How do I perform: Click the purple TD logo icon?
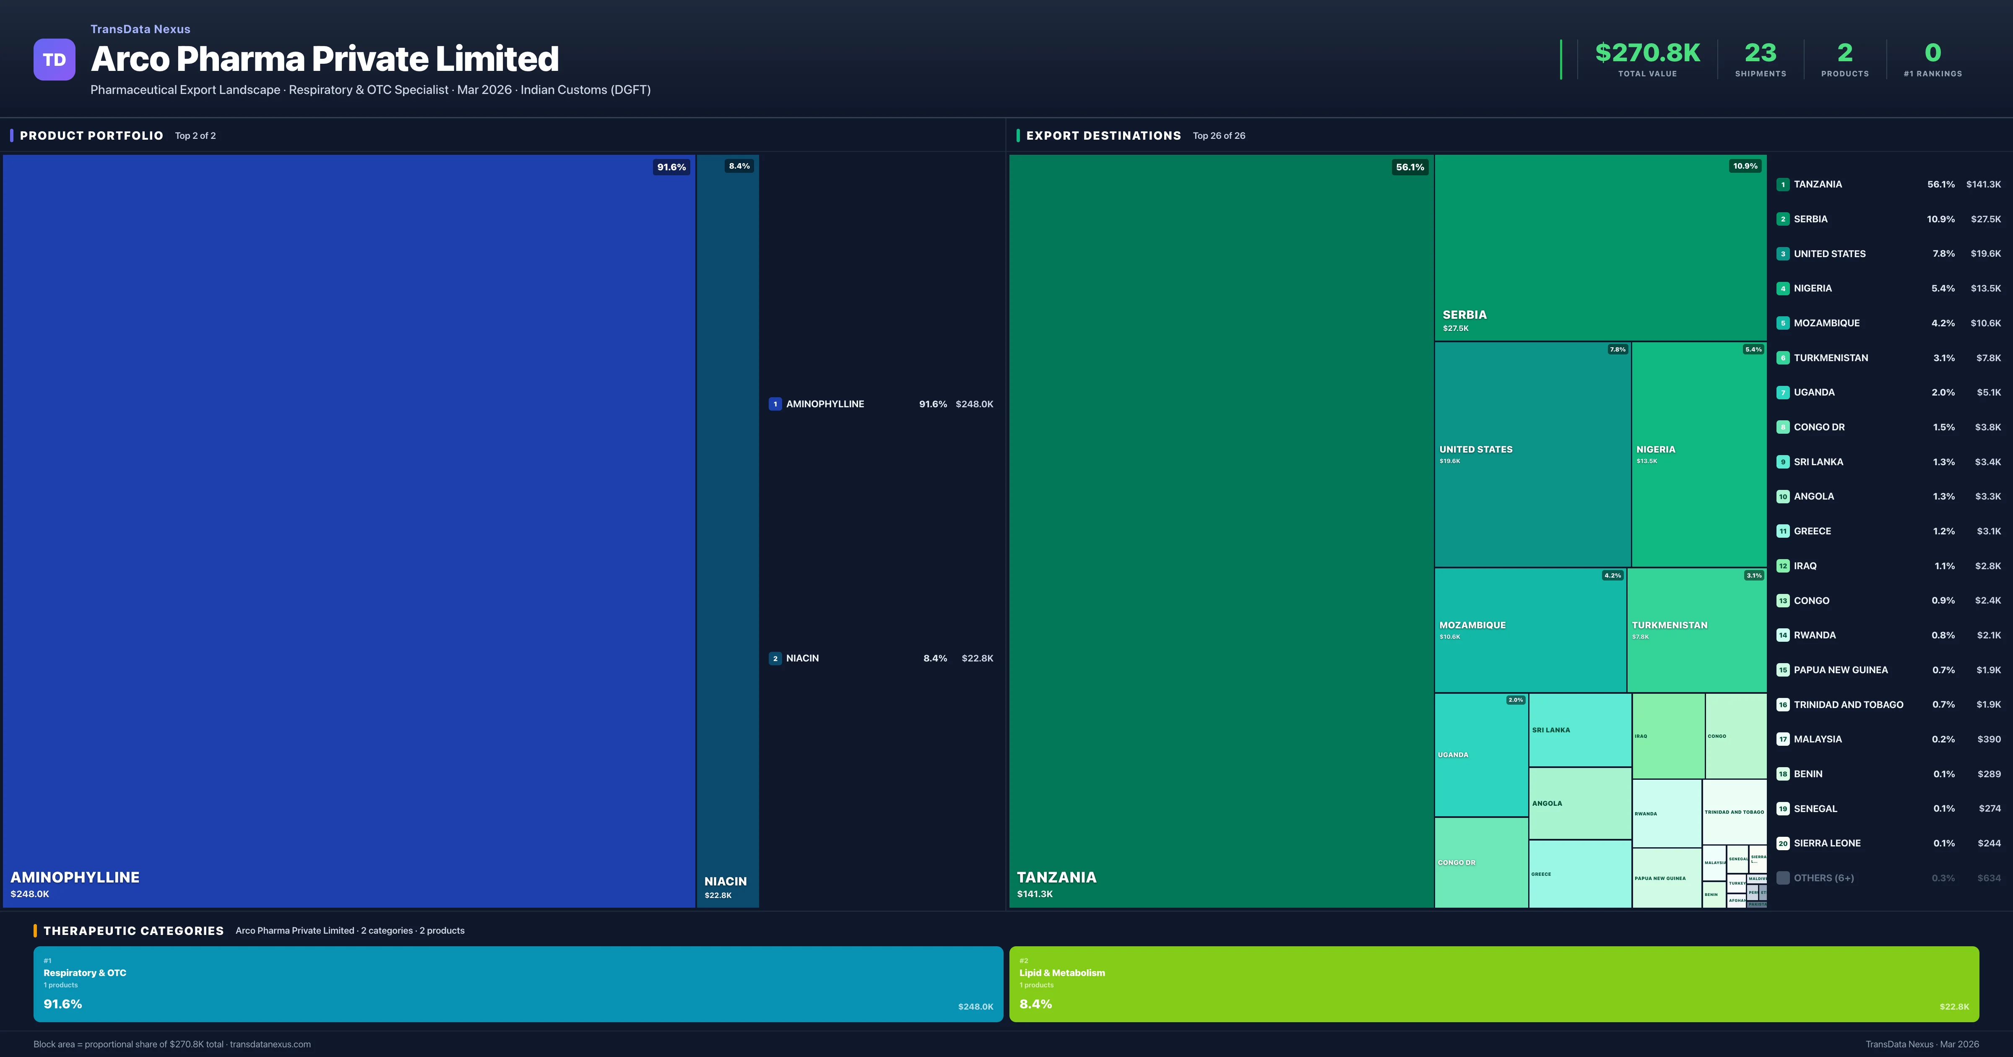pos(54,60)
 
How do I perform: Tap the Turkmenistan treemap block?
pos(1696,629)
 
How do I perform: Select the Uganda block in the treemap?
pos(1481,755)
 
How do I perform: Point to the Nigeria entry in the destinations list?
pos(1812,289)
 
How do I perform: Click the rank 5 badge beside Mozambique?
pos(1782,323)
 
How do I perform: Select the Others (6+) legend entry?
pos(1823,878)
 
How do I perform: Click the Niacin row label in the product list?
pos(802,658)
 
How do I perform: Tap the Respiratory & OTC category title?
pos(84,973)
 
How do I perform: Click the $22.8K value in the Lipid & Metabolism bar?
pos(1953,1007)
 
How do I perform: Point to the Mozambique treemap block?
pos(1529,629)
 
